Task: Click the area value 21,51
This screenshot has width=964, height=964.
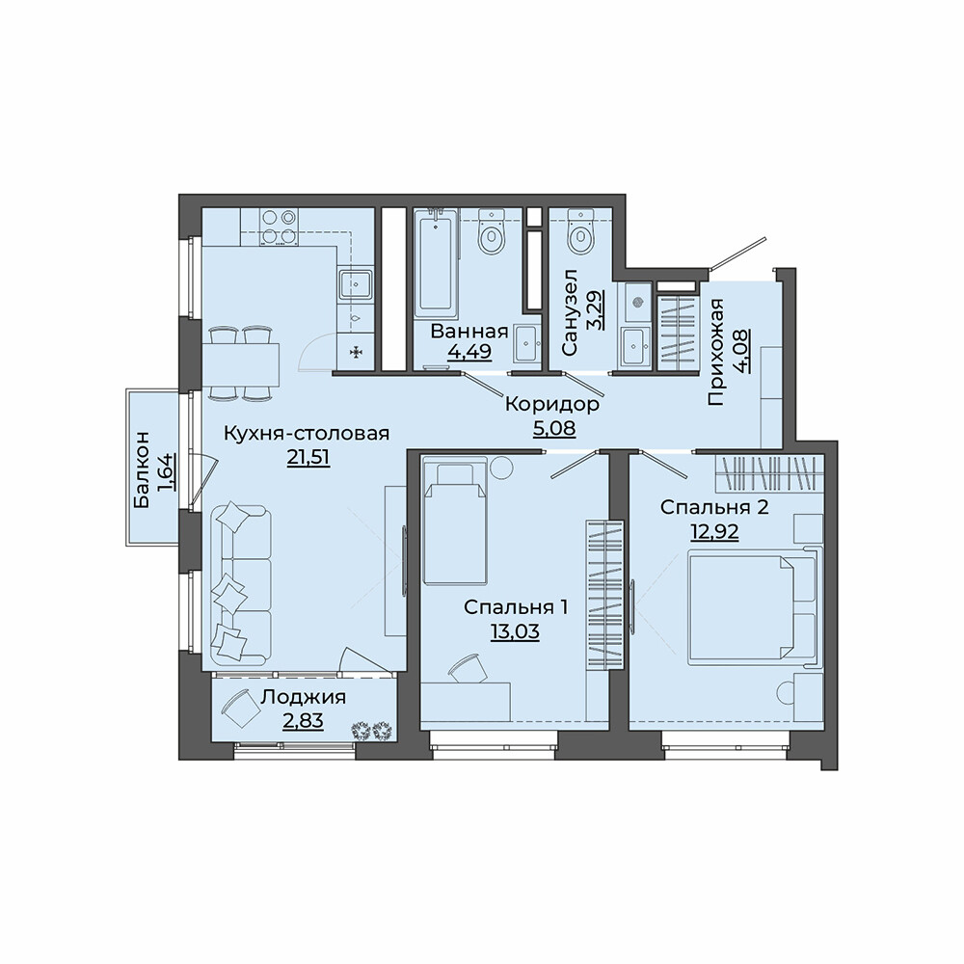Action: pyautogui.click(x=308, y=458)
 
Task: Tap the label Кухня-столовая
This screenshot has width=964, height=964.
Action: pyautogui.click(x=307, y=433)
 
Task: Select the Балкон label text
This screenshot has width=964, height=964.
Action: pyautogui.click(x=141, y=469)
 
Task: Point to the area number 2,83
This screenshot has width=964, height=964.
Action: pyautogui.click(x=303, y=720)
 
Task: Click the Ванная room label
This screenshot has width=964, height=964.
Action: pyautogui.click(x=469, y=332)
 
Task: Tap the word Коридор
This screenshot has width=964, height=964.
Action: pyautogui.click(x=552, y=404)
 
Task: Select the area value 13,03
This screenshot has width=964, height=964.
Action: pyautogui.click(x=515, y=631)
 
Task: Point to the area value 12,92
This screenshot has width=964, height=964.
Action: pyautogui.click(x=714, y=531)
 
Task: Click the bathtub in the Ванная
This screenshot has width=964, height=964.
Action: pyautogui.click(x=437, y=262)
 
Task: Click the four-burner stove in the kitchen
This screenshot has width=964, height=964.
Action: pyautogui.click(x=280, y=227)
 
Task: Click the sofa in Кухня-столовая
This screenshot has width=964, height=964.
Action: pyautogui.click(x=240, y=584)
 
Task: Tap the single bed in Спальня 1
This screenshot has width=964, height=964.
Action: pyautogui.click(x=456, y=523)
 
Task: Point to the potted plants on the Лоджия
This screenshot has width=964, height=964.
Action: pyautogui.click(x=372, y=731)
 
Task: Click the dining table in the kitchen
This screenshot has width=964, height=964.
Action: pyautogui.click(x=240, y=363)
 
